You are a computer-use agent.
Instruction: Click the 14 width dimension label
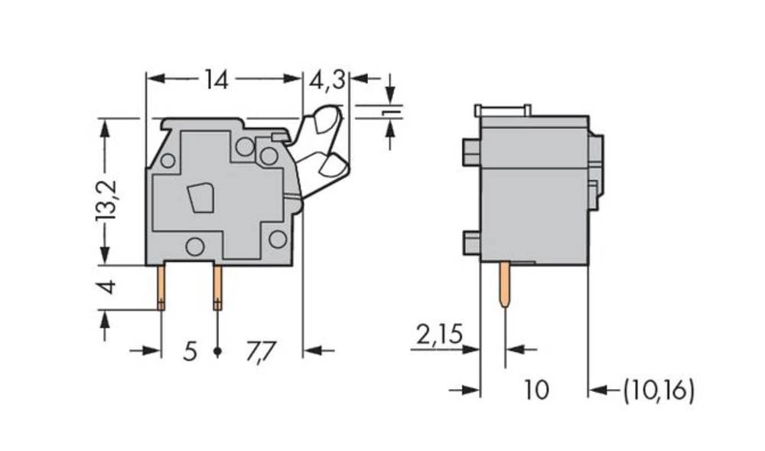coord(216,79)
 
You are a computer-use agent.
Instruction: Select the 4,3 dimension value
coord(327,79)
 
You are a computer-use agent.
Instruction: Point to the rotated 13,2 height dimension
coord(106,201)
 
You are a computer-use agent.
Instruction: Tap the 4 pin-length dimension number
coord(108,287)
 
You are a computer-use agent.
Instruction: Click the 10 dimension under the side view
coord(536,391)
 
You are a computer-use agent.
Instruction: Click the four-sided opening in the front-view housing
coord(201,198)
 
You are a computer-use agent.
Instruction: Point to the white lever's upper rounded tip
coord(327,119)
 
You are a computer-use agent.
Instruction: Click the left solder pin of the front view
coord(161,287)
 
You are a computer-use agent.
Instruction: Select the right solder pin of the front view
coord(217,287)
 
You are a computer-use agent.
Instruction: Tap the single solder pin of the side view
coord(505,283)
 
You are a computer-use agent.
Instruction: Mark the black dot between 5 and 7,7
coord(217,351)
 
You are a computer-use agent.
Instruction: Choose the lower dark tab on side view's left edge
coord(471,243)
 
